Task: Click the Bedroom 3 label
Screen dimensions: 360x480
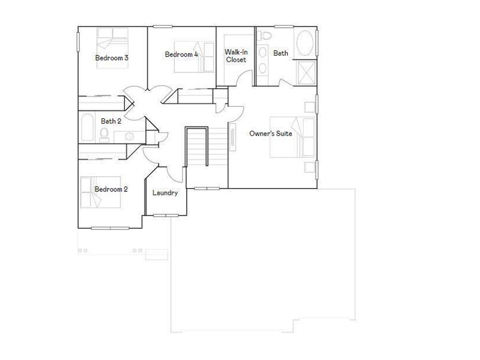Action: pyautogui.click(x=112, y=58)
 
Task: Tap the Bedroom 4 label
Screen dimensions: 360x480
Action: pyautogui.click(x=181, y=54)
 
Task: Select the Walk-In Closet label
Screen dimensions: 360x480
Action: pyautogui.click(x=236, y=56)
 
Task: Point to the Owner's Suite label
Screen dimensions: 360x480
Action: pyautogui.click(x=270, y=134)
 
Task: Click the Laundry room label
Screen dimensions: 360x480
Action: pyautogui.click(x=165, y=193)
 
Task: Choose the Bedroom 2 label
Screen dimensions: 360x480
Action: pyautogui.click(x=111, y=189)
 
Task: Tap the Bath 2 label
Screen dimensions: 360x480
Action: pyautogui.click(x=111, y=121)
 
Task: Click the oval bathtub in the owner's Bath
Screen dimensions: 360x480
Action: pyautogui.click(x=306, y=43)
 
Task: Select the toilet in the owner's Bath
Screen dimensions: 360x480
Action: pyautogui.click(x=266, y=35)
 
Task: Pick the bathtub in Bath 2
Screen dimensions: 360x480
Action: pyautogui.click(x=87, y=127)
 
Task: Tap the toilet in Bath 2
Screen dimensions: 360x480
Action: pyautogui.click(x=104, y=135)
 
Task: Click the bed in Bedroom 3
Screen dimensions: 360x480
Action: pyautogui.click(x=112, y=47)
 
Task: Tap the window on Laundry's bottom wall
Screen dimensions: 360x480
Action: pyautogui.click(x=166, y=216)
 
